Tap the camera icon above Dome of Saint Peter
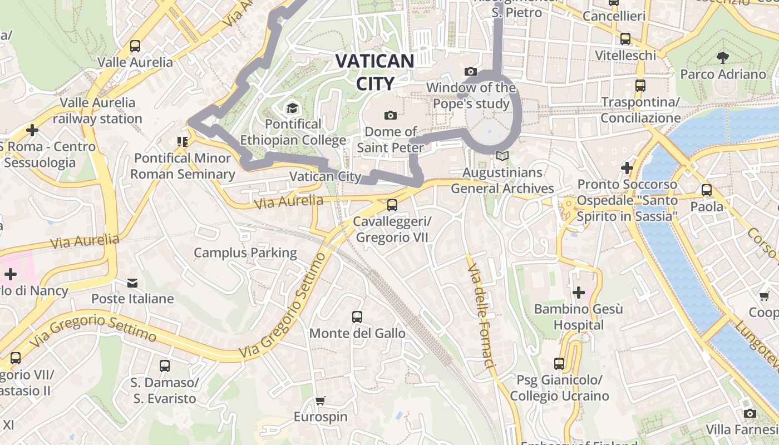tap(391, 115)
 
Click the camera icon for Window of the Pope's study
tap(471, 71)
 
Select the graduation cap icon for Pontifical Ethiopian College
tap(292, 107)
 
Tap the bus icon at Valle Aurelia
tap(135, 46)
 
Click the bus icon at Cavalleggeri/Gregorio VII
tap(392, 205)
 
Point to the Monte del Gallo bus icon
tap(357, 317)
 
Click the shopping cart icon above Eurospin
tap(320, 400)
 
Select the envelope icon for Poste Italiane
tap(132, 283)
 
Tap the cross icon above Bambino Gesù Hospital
tap(579, 292)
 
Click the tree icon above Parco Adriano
tap(723, 57)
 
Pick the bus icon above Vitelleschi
tap(625, 39)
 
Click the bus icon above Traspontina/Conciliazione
tap(640, 86)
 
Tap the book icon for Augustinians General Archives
tap(502, 156)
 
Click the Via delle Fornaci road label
tap(481, 317)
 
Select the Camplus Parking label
tap(245, 253)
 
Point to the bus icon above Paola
tap(707, 190)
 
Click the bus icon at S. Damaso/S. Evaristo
tap(164, 366)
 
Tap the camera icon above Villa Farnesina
tap(750, 413)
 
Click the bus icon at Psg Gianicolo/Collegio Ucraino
tap(559, 364)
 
